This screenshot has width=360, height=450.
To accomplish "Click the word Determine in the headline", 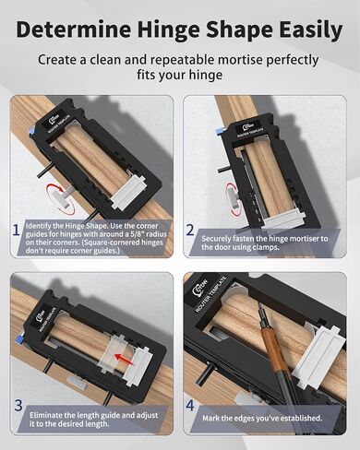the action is click(74, 30).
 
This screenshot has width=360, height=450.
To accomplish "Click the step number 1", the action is click(17, 231).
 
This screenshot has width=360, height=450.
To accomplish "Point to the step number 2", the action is click(190, 230).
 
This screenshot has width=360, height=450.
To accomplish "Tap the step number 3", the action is click(18, 405).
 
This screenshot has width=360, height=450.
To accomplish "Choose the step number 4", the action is click(190, 405).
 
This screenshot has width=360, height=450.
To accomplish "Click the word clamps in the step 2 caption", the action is click(266, 247).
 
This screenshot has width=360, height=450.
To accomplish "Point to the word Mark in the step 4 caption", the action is click(210, 418).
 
